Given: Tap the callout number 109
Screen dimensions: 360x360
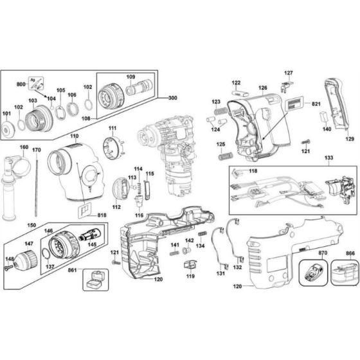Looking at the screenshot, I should pyautogui.click(x=130, y=77).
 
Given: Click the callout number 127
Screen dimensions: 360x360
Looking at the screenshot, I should pyautogui.click(x=289, y=73).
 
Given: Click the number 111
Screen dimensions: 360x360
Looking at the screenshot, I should pyautogui.click(x=113, y=129).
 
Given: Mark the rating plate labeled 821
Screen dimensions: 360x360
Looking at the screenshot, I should pyautogui.click(x=294, y=105).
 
